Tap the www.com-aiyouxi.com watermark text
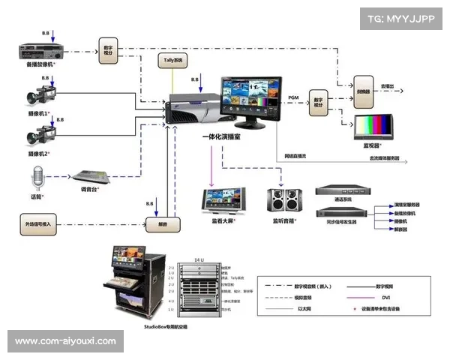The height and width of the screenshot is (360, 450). pyautogui.click(x=65, y=341)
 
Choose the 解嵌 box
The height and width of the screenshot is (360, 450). pyautogui.click(x=157, y=223)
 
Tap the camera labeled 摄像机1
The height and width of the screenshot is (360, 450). pyautogui.click(x=39, y=98)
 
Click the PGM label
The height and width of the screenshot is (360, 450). pyautogui.click(x=294, y=98)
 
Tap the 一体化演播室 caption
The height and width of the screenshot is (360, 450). pyautogui.click(x=223, y=137)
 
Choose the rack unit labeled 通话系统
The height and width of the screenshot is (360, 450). pyautogui.click(x=343, y=192)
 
